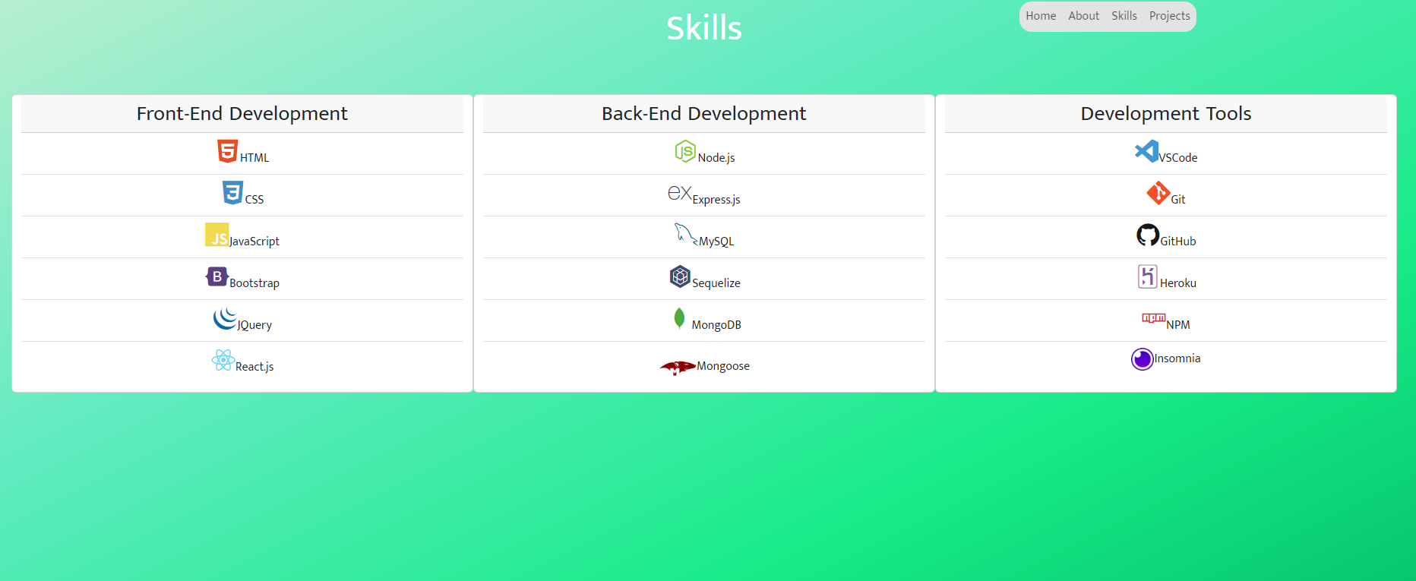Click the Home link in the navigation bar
[1041, 16]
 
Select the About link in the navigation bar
[1083, 16]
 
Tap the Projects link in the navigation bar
[1169, 16]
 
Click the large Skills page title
[703, 28]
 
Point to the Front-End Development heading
[242, 114]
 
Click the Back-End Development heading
[703, 114]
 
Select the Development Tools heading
[1165, 114]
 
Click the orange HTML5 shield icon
[227, 151]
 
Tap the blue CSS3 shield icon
[232, 193]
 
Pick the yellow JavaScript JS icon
[217, 235]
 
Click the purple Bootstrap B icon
[217, 276]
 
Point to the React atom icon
[223, 360]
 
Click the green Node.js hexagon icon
[685, 151]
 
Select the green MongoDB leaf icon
[679, 318]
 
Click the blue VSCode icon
[1146, 151]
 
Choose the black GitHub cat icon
[1148, 235]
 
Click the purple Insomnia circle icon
[1142, 358]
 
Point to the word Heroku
[1177, 283]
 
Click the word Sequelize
[716, 283]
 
